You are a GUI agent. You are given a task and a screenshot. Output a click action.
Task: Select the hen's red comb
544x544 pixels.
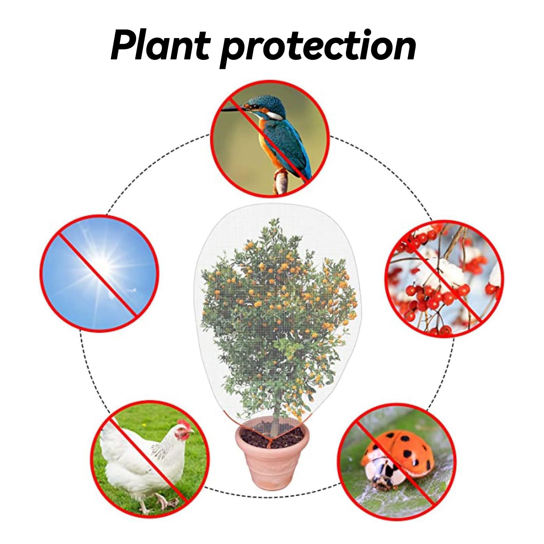pos(184,424)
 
